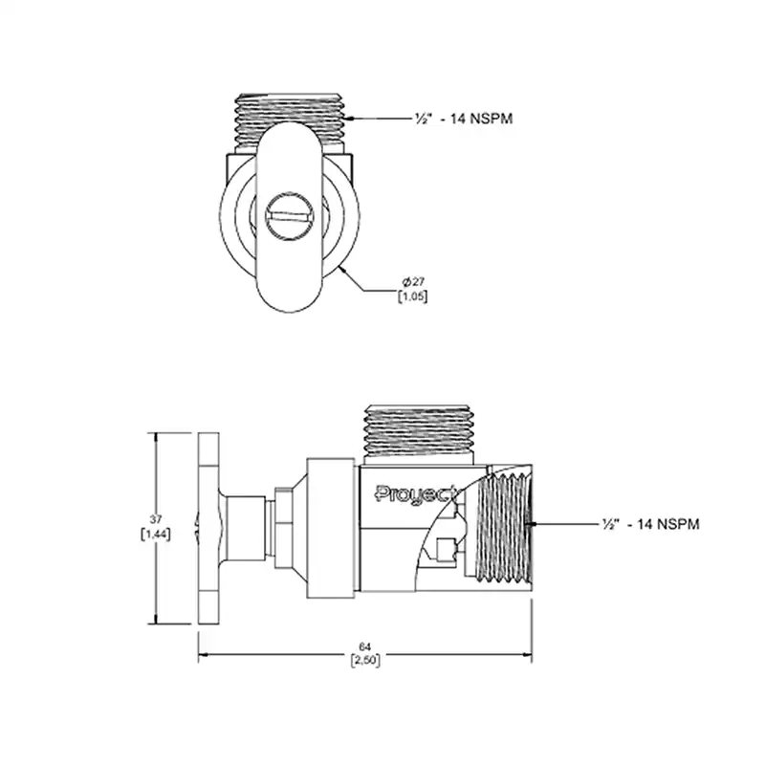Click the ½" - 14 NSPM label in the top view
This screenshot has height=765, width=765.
464,119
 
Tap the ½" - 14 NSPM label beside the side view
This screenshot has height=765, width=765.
651,524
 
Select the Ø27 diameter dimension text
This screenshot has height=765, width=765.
413,281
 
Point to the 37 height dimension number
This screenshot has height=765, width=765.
156,519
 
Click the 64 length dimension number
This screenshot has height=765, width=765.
365,647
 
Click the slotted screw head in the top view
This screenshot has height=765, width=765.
289,216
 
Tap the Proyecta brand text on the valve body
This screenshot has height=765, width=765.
418,494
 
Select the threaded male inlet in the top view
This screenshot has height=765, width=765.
290,120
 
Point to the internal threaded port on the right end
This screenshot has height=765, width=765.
504,528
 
